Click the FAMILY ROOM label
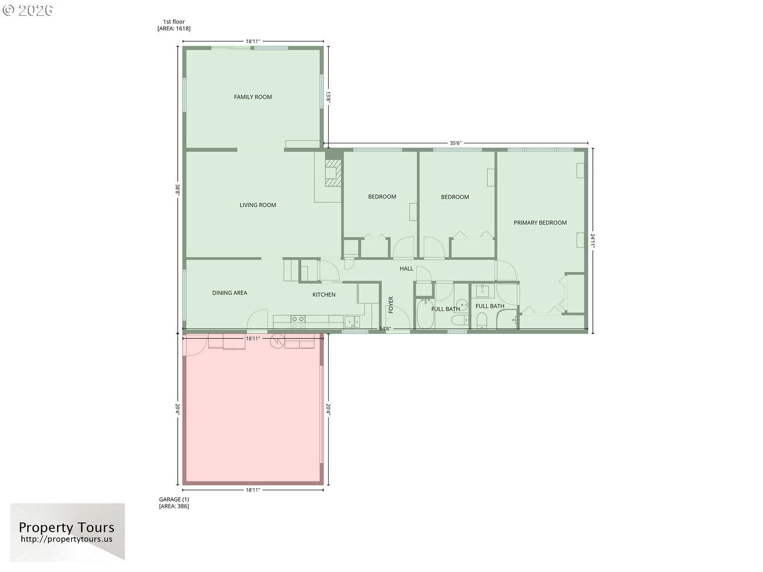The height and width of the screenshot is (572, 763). click(253, 97)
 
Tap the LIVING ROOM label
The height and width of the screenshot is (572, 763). click(258, 205)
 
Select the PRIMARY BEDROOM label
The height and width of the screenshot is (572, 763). click(540, 223)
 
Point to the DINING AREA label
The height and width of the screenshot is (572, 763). click(230, 293)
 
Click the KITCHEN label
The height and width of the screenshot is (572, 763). click(324, 295)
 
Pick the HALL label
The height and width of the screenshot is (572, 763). click(407, 269)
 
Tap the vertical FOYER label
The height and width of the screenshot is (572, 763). click(391, 305)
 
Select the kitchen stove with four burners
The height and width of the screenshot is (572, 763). click(298, 322)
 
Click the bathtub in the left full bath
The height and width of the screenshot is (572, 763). click(425, 314)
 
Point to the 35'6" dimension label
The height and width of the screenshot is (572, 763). click(456, 143)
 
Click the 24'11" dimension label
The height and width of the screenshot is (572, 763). click(592, 241)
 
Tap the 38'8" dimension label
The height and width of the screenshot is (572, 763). click(178, 190)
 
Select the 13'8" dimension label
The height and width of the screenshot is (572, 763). click(328, 97)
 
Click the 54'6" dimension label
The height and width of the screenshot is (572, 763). click(385, 328)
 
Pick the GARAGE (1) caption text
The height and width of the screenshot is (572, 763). click(174, 499)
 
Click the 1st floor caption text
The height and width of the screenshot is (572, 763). click(174, 22)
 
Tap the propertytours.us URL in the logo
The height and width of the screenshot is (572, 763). click(66, 539)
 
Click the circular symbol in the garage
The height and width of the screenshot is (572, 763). click(277, 340)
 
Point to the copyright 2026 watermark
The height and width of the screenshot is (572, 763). click(27, 10)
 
